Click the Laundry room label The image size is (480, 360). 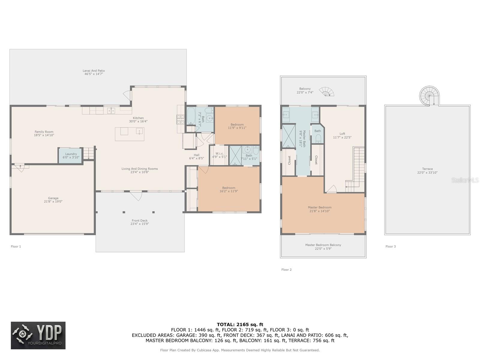(x=71, y=154)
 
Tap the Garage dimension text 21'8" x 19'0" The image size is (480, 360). (x=53, y=202)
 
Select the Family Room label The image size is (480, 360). (x=44, y=132)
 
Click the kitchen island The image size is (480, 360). (x=130, y=134)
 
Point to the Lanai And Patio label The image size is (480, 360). (x=94, y=70)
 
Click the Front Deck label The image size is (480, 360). (x=139, y=220)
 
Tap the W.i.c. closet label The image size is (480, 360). (x=219, y=153)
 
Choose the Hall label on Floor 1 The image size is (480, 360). (x=196, y=155)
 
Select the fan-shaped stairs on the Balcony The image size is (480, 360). (x=326, y=91)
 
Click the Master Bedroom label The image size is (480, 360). (x=319, y=207)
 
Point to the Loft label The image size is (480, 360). (x=342, y=134)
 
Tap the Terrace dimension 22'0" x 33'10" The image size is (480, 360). (x=427, y=173)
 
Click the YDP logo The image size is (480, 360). (x=38, y=335)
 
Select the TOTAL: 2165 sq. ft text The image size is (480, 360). (x=240, y=325)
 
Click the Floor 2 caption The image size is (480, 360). (x=286, y=270)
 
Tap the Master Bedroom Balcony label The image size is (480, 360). (x=323, y=245)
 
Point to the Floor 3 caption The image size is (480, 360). (x=391, y=247)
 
